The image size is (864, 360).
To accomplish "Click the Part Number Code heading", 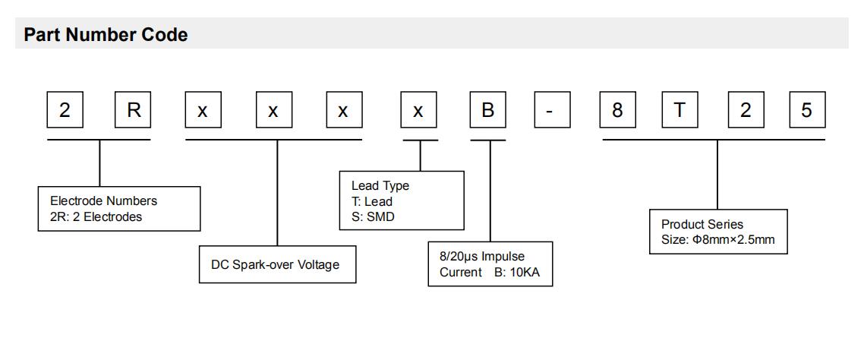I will (x=106, y=35).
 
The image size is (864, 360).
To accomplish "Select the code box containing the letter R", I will (x=133, y=110).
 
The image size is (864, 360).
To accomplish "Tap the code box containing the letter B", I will (x=488, y=110).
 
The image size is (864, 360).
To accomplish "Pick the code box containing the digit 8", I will (x=617, y=110).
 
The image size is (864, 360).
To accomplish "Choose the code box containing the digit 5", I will (x=807, y=110).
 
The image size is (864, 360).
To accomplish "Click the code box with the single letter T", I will (x=680, y=110).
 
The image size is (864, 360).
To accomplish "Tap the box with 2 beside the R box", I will (x=65, y=110).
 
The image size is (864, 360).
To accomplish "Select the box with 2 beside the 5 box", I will (x=746, y=110).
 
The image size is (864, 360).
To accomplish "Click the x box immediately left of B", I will (x=418, y=110).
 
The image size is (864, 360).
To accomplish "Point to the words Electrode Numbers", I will (x=103, y=201).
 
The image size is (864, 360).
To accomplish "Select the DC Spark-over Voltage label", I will (x=275, y=265).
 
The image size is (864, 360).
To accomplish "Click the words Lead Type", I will (x=380, y=186).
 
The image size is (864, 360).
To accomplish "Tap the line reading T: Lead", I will (x=371, y=201).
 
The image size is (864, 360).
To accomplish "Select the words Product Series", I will (x=702, y=225).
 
